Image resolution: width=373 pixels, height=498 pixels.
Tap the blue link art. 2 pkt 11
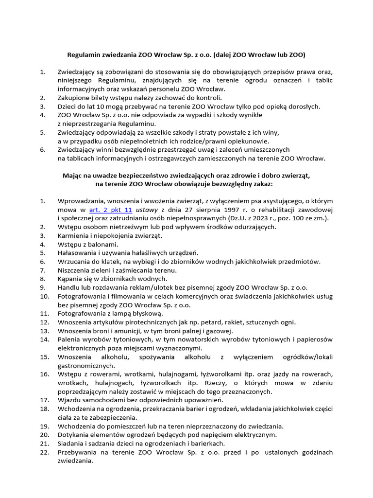coord(111,210)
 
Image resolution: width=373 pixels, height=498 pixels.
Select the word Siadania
coord(72,444)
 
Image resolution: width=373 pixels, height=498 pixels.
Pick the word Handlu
coord(69,287)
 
